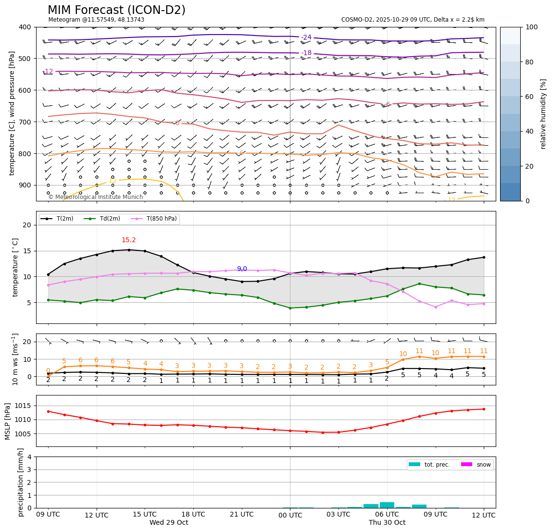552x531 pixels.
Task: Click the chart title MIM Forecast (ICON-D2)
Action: coord(116,10)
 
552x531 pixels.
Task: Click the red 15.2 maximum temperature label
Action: coord(128,240)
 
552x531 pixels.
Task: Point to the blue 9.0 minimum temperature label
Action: coord(242,269)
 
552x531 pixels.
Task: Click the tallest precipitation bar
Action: coord(387,505)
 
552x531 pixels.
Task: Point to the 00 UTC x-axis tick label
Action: coord(290,515)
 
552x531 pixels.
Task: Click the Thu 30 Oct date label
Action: coord(387,522)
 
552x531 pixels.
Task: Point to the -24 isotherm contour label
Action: coord(306,37)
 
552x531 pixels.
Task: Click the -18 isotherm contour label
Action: coord(306,53)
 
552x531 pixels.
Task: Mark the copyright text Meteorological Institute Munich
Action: coord(95,197)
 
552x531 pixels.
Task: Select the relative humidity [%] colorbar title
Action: coord(543,114)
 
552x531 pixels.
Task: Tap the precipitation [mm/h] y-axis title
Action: coord(21,482)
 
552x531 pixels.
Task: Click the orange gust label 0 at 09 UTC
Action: coord(48,370)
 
